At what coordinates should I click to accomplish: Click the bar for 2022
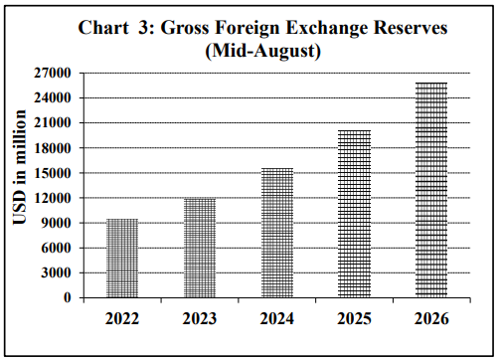[122, 258]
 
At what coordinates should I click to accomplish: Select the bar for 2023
[200, 248]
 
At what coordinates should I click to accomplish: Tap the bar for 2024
[277, 233]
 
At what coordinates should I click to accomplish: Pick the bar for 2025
[355, 214]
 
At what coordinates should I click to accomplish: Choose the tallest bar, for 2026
[431, 190]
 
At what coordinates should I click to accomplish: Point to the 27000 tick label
[53, 73]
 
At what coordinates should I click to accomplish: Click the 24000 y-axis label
[53, 97]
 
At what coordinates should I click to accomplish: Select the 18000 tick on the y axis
[53, 148]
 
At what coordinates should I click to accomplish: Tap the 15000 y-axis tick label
[53, 173]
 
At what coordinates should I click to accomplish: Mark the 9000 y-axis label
[56, 223]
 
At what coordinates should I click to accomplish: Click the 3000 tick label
[56, 272]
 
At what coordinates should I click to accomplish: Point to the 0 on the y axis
[68, 297]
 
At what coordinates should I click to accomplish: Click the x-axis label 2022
[122, 319]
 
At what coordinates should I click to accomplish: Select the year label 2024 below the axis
[277, 319]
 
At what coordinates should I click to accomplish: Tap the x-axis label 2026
[431, 319]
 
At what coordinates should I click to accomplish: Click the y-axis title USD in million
[20, 167]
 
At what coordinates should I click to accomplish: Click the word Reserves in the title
[411, 28]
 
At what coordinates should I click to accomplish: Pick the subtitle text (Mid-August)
[263, 51]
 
